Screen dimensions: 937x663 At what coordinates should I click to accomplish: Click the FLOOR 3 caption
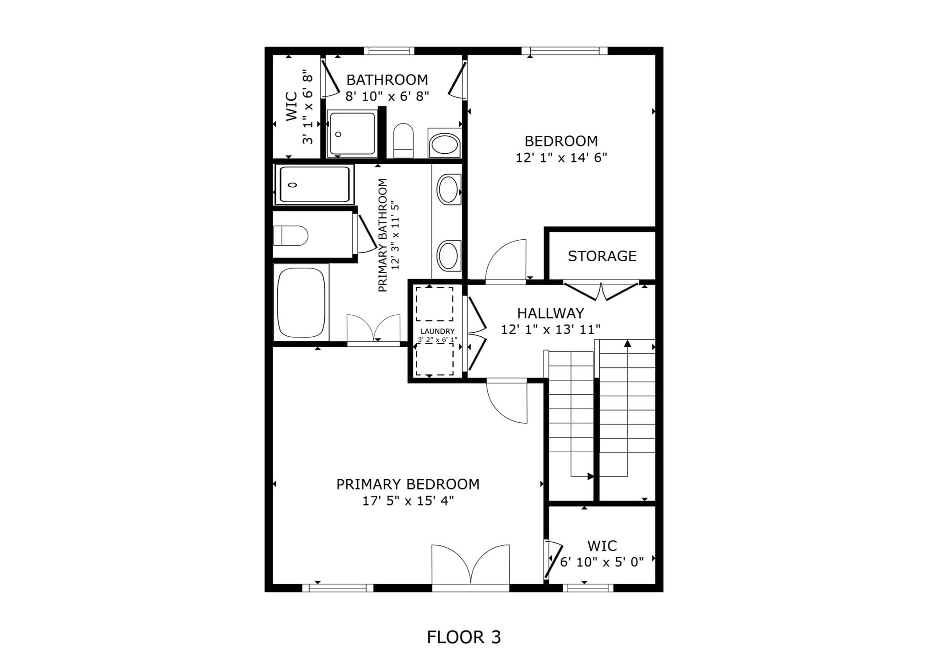(464, 637)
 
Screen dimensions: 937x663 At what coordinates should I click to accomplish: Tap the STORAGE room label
(602, 256)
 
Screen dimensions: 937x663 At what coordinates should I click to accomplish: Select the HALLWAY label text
(550, 313)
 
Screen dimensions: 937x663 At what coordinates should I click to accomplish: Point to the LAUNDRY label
(437, 331)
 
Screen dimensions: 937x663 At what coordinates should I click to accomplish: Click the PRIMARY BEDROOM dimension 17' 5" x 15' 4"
(408, 501)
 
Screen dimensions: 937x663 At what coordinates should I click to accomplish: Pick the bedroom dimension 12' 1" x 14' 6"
(561, 158)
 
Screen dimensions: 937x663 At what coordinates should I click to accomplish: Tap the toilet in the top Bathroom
(403, 140)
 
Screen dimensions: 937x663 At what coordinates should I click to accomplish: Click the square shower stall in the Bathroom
(352, 133)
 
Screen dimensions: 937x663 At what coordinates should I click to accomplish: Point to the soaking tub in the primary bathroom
(302, 302)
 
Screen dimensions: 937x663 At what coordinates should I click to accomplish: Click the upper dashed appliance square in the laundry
(435, 304)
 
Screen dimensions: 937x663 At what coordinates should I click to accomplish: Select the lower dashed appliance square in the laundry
(435, 359)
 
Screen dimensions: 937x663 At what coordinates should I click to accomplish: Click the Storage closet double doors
(601, 291)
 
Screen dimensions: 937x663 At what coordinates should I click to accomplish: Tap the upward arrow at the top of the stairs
(628, 343)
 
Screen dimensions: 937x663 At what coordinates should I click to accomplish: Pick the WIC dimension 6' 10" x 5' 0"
(602, 562)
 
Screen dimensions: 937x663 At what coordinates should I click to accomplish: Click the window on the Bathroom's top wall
(389, 51)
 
